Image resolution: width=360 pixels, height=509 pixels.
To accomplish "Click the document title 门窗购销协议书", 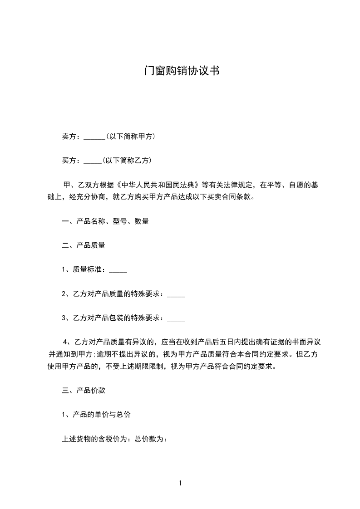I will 180,71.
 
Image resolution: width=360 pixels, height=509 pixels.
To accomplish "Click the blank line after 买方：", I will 93,161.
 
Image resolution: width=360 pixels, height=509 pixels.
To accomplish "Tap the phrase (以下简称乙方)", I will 127,160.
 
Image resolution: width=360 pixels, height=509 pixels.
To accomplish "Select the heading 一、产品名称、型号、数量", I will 105,221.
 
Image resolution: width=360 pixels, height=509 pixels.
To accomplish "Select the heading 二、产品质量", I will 84,245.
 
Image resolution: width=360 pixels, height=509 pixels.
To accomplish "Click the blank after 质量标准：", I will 118,270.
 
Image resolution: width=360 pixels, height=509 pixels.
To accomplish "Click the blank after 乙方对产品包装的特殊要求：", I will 176,318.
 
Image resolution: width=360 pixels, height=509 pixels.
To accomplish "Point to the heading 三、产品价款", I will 84,390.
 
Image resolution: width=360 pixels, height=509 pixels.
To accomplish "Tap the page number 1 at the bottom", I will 180,483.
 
